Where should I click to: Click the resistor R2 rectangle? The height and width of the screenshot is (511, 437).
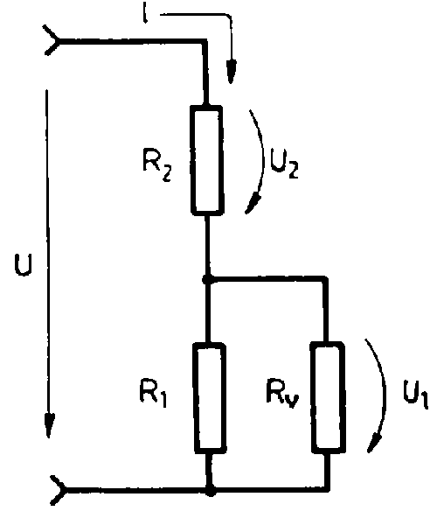pos(207,160)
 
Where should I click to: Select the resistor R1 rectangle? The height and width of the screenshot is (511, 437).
pos(210,398)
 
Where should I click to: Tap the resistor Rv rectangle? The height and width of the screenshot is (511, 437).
pos(328,397)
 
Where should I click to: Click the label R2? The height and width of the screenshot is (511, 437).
pos(156,164)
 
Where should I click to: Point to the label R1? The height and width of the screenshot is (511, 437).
pos(153,392)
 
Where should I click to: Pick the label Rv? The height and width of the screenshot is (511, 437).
pos(282,394)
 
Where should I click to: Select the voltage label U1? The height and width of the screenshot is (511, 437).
pos(415,394)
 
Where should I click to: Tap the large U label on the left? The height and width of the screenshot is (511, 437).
pos(24,265)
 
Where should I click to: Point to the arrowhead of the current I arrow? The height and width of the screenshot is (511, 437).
pos(232,72)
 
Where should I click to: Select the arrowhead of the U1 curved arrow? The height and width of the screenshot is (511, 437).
pos(374,442)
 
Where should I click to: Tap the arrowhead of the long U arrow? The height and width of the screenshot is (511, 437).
pos(49,425)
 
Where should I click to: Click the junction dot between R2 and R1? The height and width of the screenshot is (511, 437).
pos(206,279)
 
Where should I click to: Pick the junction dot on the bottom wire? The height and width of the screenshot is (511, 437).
pos(211,490)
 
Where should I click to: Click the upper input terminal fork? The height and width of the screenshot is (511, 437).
pos(52,40)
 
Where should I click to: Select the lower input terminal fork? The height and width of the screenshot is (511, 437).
pos(59,490)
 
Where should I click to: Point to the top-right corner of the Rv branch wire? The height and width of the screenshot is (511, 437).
pos(326,278)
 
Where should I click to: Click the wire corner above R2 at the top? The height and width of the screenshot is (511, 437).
pos(205,41)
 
